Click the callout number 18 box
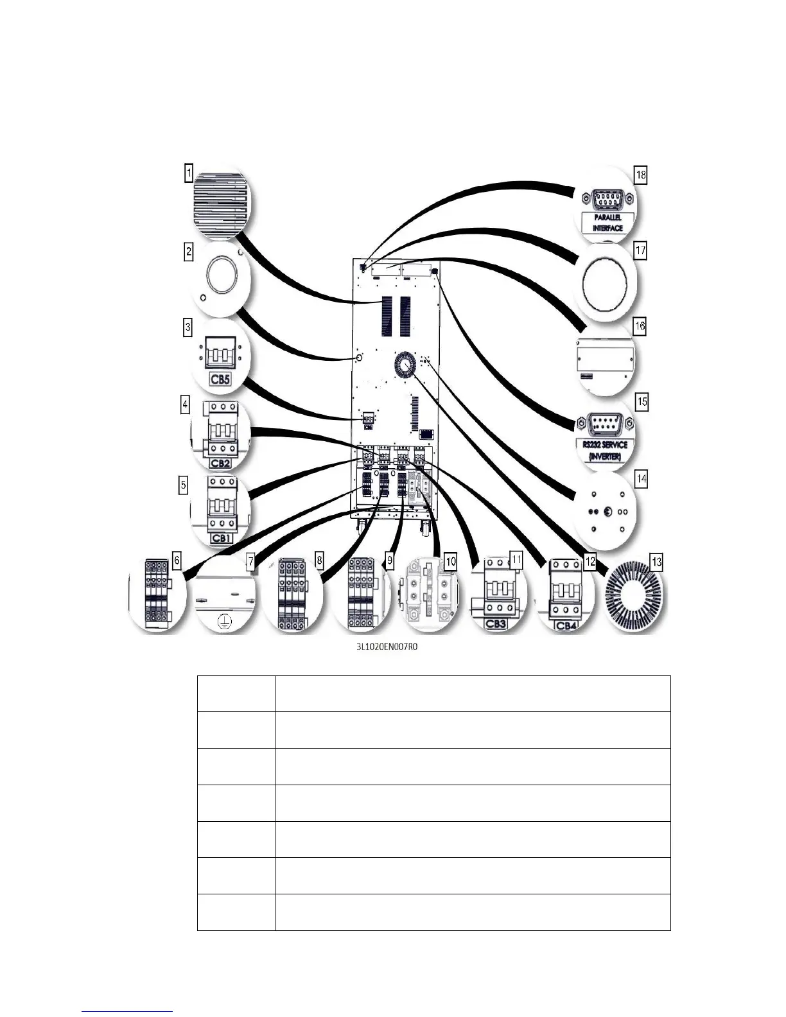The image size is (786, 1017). pos(640,175)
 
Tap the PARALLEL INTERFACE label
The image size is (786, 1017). pos(607,223)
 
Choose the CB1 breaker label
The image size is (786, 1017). pos(221,538)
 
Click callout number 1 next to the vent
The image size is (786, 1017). pos(189,173)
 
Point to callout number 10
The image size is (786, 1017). pos(451,561)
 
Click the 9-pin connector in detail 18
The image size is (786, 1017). pos(605,198)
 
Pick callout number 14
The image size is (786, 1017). pos(641,479)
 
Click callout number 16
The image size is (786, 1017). pos(640,326)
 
